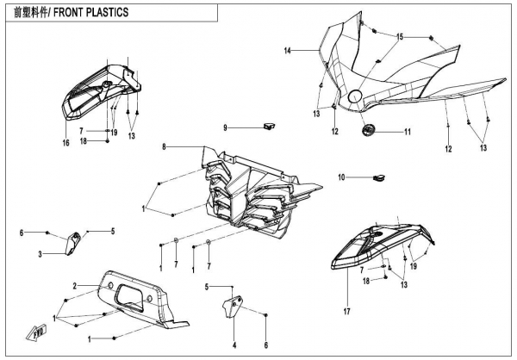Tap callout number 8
(x=163, y=148)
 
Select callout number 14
(x=288, y=51)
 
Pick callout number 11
(x=408, y=132)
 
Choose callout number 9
(x=225, y=128)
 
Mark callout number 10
(x=341, y=177)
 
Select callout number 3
(x=40, y=254)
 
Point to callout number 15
(x=400, y=37)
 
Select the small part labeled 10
(x=376, y=177)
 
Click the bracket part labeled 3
(x=73, y=242)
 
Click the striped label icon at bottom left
(x=36, y=331)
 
